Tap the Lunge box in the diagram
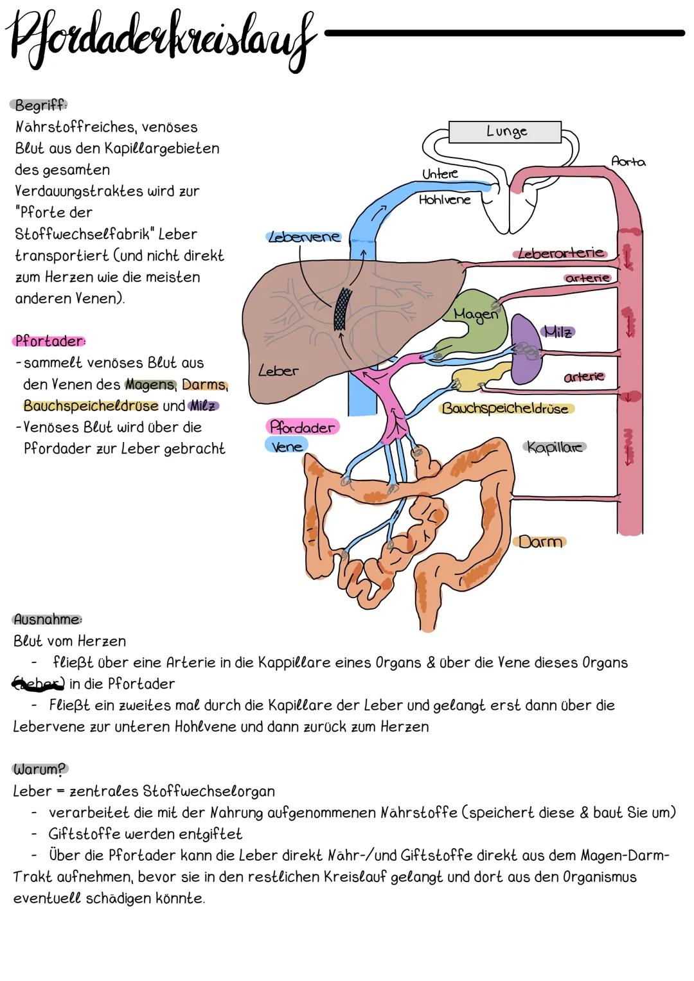[x=505, y=132]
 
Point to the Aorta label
[x=628, y=162]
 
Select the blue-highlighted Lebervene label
[x=303, y=236]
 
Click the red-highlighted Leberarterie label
[x=561, y=253]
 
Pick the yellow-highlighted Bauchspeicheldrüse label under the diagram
[x=506, y=409]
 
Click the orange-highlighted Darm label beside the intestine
[x=540, y=542]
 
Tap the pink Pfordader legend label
[x=301, y=427]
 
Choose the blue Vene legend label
[x=286, y=445]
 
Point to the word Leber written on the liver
[x=278, y=371]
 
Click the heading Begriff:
[x=40, y=105]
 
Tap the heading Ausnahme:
[x=48, y=619]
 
